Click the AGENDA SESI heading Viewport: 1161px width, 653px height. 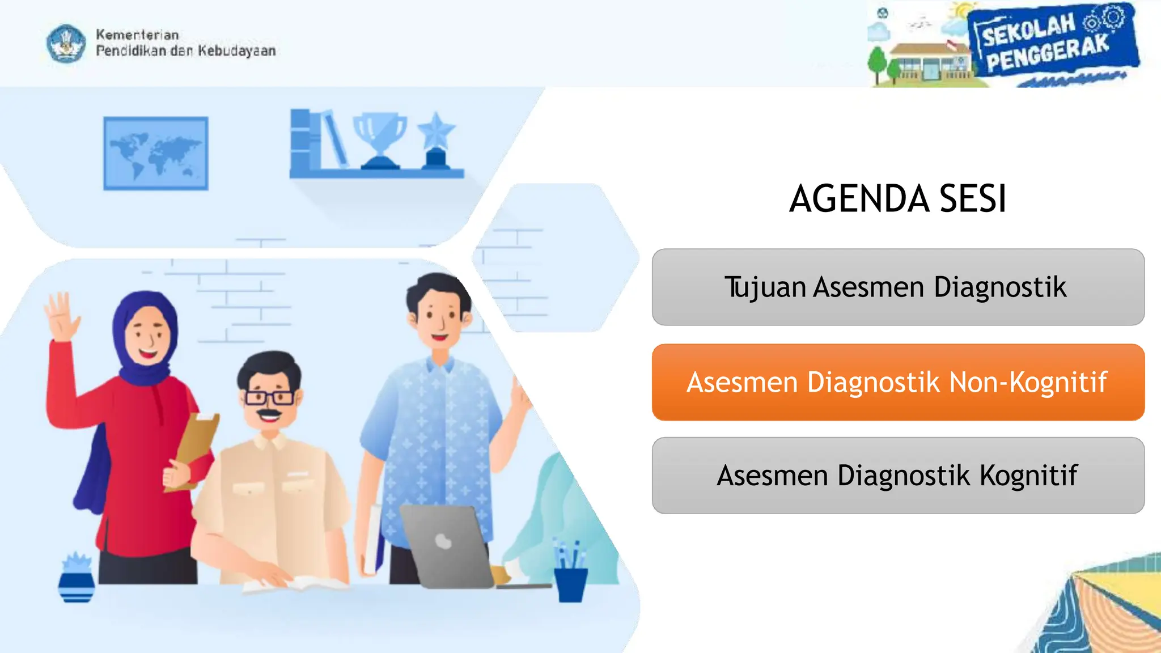coord(897,199)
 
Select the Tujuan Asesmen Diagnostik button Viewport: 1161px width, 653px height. coord(897,287)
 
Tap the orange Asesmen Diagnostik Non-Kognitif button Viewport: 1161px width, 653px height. coord(897,382)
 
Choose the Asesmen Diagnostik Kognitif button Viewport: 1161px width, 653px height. coord(897,476)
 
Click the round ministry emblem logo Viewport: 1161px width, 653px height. coord(66,43)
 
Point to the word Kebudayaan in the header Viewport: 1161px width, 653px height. coord(236,51)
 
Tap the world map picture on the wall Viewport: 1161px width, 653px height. coord(156,153)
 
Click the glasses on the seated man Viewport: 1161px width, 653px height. coord(269,397)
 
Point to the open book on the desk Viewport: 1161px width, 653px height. coord(295,584)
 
